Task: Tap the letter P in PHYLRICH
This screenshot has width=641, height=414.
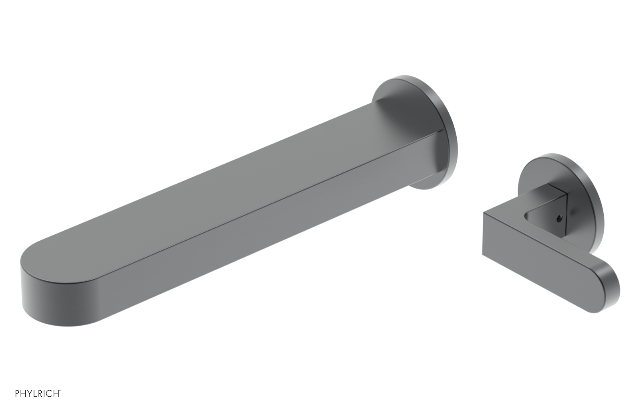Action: coord(18,394)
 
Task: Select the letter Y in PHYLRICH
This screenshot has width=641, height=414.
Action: coord(29,394)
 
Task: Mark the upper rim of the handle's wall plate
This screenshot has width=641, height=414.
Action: coord(561,157)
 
